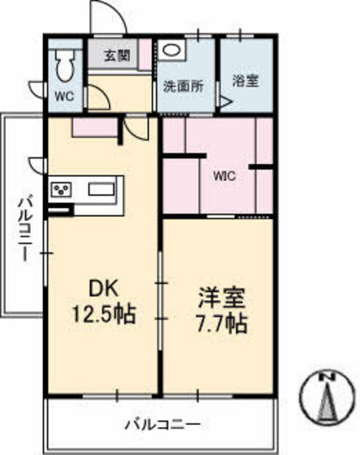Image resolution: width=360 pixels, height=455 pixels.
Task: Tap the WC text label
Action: (63, 95)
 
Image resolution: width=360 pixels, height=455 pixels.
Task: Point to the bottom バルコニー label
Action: (163, 423)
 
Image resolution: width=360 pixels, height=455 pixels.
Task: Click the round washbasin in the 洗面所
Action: (171, 50)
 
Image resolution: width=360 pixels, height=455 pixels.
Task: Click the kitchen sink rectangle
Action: (102, 190)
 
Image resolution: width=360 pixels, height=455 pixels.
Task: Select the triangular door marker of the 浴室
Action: (227, 104)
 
